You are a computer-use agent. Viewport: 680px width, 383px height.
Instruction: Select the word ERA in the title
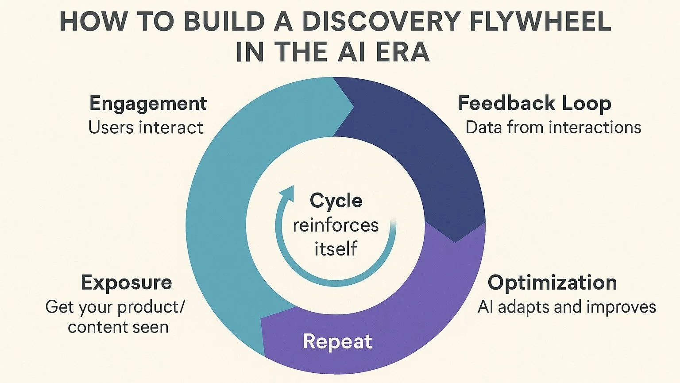402,52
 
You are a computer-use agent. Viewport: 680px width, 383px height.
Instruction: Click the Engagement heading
148,104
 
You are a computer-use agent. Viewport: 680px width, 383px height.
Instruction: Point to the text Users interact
146,128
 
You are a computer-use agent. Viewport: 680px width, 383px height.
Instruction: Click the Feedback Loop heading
534,104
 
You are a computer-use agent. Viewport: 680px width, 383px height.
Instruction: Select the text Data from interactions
553,128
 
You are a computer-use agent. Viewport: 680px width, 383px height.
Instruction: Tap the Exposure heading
126,282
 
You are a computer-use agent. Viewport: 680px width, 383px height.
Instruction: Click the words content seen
118,327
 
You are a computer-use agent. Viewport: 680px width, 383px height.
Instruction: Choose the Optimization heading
552,282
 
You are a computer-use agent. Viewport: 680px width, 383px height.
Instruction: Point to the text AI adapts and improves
567,307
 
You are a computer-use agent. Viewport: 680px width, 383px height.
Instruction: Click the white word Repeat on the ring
337,341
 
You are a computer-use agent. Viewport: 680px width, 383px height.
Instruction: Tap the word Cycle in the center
336,201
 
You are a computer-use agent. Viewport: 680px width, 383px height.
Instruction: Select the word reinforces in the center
336,225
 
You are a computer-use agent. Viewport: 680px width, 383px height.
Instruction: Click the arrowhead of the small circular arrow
288,193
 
